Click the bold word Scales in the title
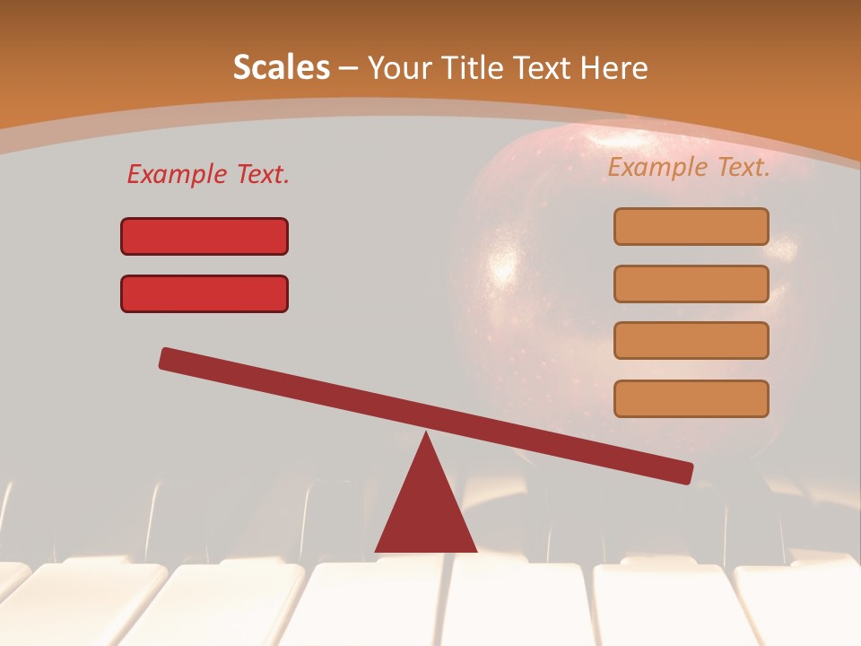[281, 67]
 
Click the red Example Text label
[208, 174]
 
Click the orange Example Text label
[689, 167]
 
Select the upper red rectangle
[204, 236]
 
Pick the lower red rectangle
[204, 293]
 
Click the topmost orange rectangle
[691, 226]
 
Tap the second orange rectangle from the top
[691, 284]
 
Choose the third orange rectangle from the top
[691, 340]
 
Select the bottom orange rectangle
[691, 398]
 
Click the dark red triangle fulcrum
[426, 511]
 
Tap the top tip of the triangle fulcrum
[426, 435]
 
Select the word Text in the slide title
[542, 67]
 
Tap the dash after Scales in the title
[348, 69]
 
